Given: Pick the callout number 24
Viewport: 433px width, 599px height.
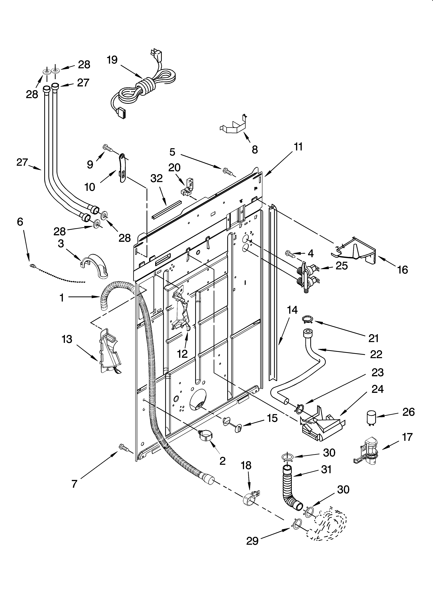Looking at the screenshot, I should [377, 389].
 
